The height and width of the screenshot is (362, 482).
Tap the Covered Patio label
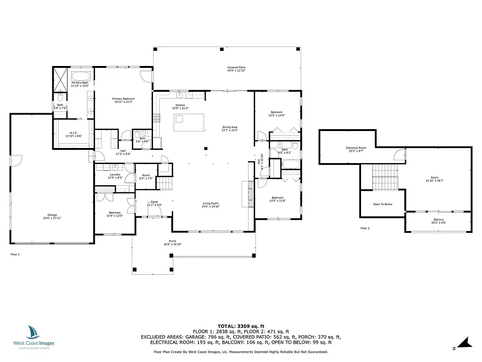click(x=236, y=68)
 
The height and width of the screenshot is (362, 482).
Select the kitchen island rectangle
click(x=190, y=123)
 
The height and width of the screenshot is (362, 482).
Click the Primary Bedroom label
click(x=123, y=99)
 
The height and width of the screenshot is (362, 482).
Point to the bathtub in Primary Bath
click(x=82, y=76)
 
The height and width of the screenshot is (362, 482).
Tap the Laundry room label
click(x=115, y=175)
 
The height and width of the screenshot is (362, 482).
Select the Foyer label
click(x=154, y=201)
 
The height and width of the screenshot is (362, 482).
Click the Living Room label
click(x=210, y=203)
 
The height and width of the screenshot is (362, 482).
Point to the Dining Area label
click(x=230, y=128)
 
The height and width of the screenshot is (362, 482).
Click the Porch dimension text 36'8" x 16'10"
click(x=173, y=244)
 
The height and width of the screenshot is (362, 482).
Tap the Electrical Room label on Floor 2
click(x=356, y=148)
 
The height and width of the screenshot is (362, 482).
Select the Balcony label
click(x=438, y=220)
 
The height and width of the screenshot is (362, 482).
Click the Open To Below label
click(x=382, y=204)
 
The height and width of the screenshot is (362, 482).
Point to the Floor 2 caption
click(x=365, y=228)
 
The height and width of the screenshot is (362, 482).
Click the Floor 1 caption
click(x=15, y=254)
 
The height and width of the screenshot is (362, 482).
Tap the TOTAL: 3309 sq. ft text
click(x=241, y=326)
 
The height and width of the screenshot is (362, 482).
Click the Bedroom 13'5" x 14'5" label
click(x=277, y=112)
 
